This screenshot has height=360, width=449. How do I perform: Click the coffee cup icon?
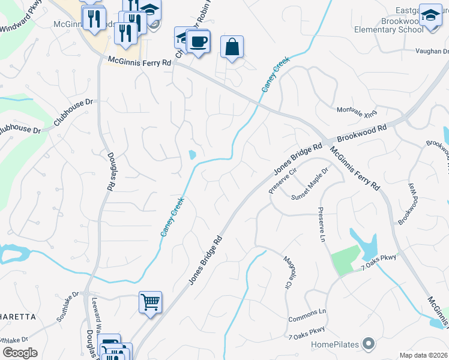(x=197, y=42)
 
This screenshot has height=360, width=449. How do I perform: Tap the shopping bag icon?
(x=232, y=47)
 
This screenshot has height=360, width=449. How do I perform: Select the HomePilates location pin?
(x=369, y=344)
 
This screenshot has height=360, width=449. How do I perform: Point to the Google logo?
(x=20, y=352)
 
